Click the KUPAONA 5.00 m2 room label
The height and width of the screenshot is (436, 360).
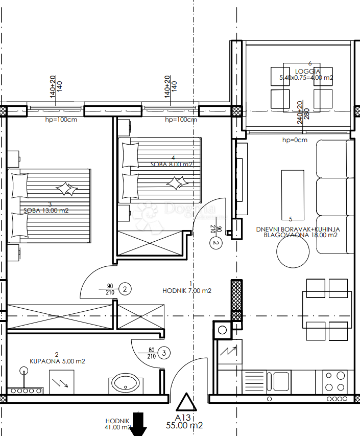tap(56, 361)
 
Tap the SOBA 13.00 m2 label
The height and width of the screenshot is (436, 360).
tap(46, 210)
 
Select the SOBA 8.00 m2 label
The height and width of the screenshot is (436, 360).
tap(171, 164)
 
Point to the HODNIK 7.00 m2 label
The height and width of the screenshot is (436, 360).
tap(186, 290)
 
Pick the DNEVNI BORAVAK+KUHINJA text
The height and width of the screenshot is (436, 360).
tap(298, 230)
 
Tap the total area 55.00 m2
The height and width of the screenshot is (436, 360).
tap(185, 425)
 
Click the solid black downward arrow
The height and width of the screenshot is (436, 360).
tap(138, 425)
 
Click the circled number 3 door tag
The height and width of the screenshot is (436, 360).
tap(163, 352)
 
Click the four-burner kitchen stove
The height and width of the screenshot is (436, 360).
tap(335, 381)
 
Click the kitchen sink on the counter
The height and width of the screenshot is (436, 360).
tap(281, 381)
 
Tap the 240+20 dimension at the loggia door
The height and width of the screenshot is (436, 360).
tap(300, 109)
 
